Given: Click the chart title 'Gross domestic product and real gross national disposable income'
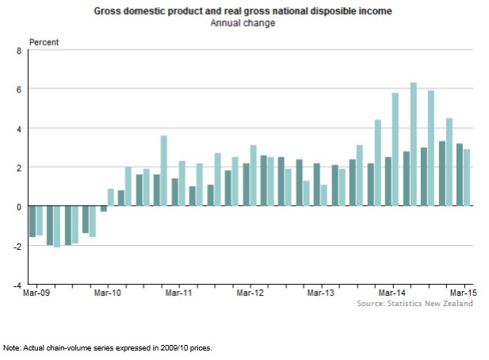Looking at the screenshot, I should tap(243, 13).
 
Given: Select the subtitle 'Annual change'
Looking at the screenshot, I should tap(243, 24).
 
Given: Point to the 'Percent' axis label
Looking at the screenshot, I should tap(44, 41).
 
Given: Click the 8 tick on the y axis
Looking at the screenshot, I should tap(21, 51).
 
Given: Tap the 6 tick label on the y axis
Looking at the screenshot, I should tap(21, 90).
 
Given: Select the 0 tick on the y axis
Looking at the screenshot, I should tap(21, 206).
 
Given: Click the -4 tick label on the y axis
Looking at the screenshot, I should tap(19, 284).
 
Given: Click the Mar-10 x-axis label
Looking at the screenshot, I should tap(107, 293).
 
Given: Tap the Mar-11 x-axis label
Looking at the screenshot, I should tap(178, 293).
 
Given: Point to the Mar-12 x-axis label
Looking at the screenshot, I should tap(250, 293).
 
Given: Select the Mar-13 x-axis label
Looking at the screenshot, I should tap(321, 293).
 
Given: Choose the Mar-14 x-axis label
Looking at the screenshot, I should tap(393, 293).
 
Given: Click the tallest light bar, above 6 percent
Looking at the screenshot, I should tap(414, 144).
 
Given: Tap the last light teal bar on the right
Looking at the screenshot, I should tap(466, 178).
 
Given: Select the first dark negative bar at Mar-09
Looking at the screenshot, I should tap(32, 221).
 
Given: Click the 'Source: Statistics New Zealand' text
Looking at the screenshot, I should tap(415, 304).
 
